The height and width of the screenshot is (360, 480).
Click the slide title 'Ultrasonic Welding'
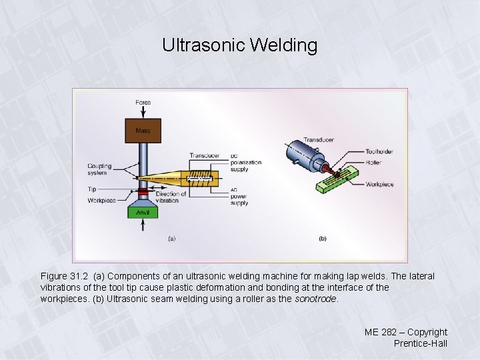[239, 45]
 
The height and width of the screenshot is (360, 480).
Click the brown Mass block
[143, 131]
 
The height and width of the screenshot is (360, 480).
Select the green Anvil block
[143, 212]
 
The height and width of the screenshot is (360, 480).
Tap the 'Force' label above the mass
[143, 103]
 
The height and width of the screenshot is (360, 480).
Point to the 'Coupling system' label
[99, 169]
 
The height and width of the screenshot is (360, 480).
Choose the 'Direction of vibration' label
[166, 197]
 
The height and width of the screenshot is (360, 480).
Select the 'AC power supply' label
[239, 197]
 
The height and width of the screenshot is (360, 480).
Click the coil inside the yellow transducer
[201, 178]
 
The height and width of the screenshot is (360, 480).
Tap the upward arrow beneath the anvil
[143, 227]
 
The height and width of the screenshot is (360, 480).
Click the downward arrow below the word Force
[143, 113]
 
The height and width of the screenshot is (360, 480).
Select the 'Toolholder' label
[379, 151]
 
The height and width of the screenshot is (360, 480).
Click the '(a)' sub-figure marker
[171, 238]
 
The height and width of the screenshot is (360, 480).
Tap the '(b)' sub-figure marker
[323, 238]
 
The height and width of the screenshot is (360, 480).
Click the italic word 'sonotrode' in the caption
[316, 299]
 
